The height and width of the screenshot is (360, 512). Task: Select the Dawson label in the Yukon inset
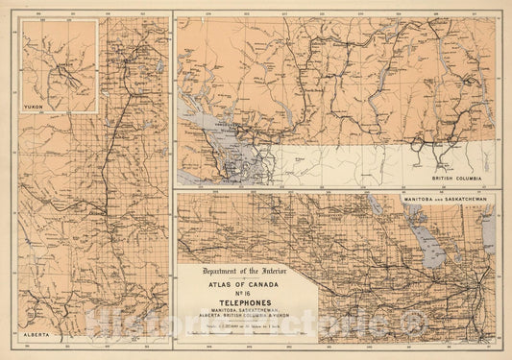tap(60, 67)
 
